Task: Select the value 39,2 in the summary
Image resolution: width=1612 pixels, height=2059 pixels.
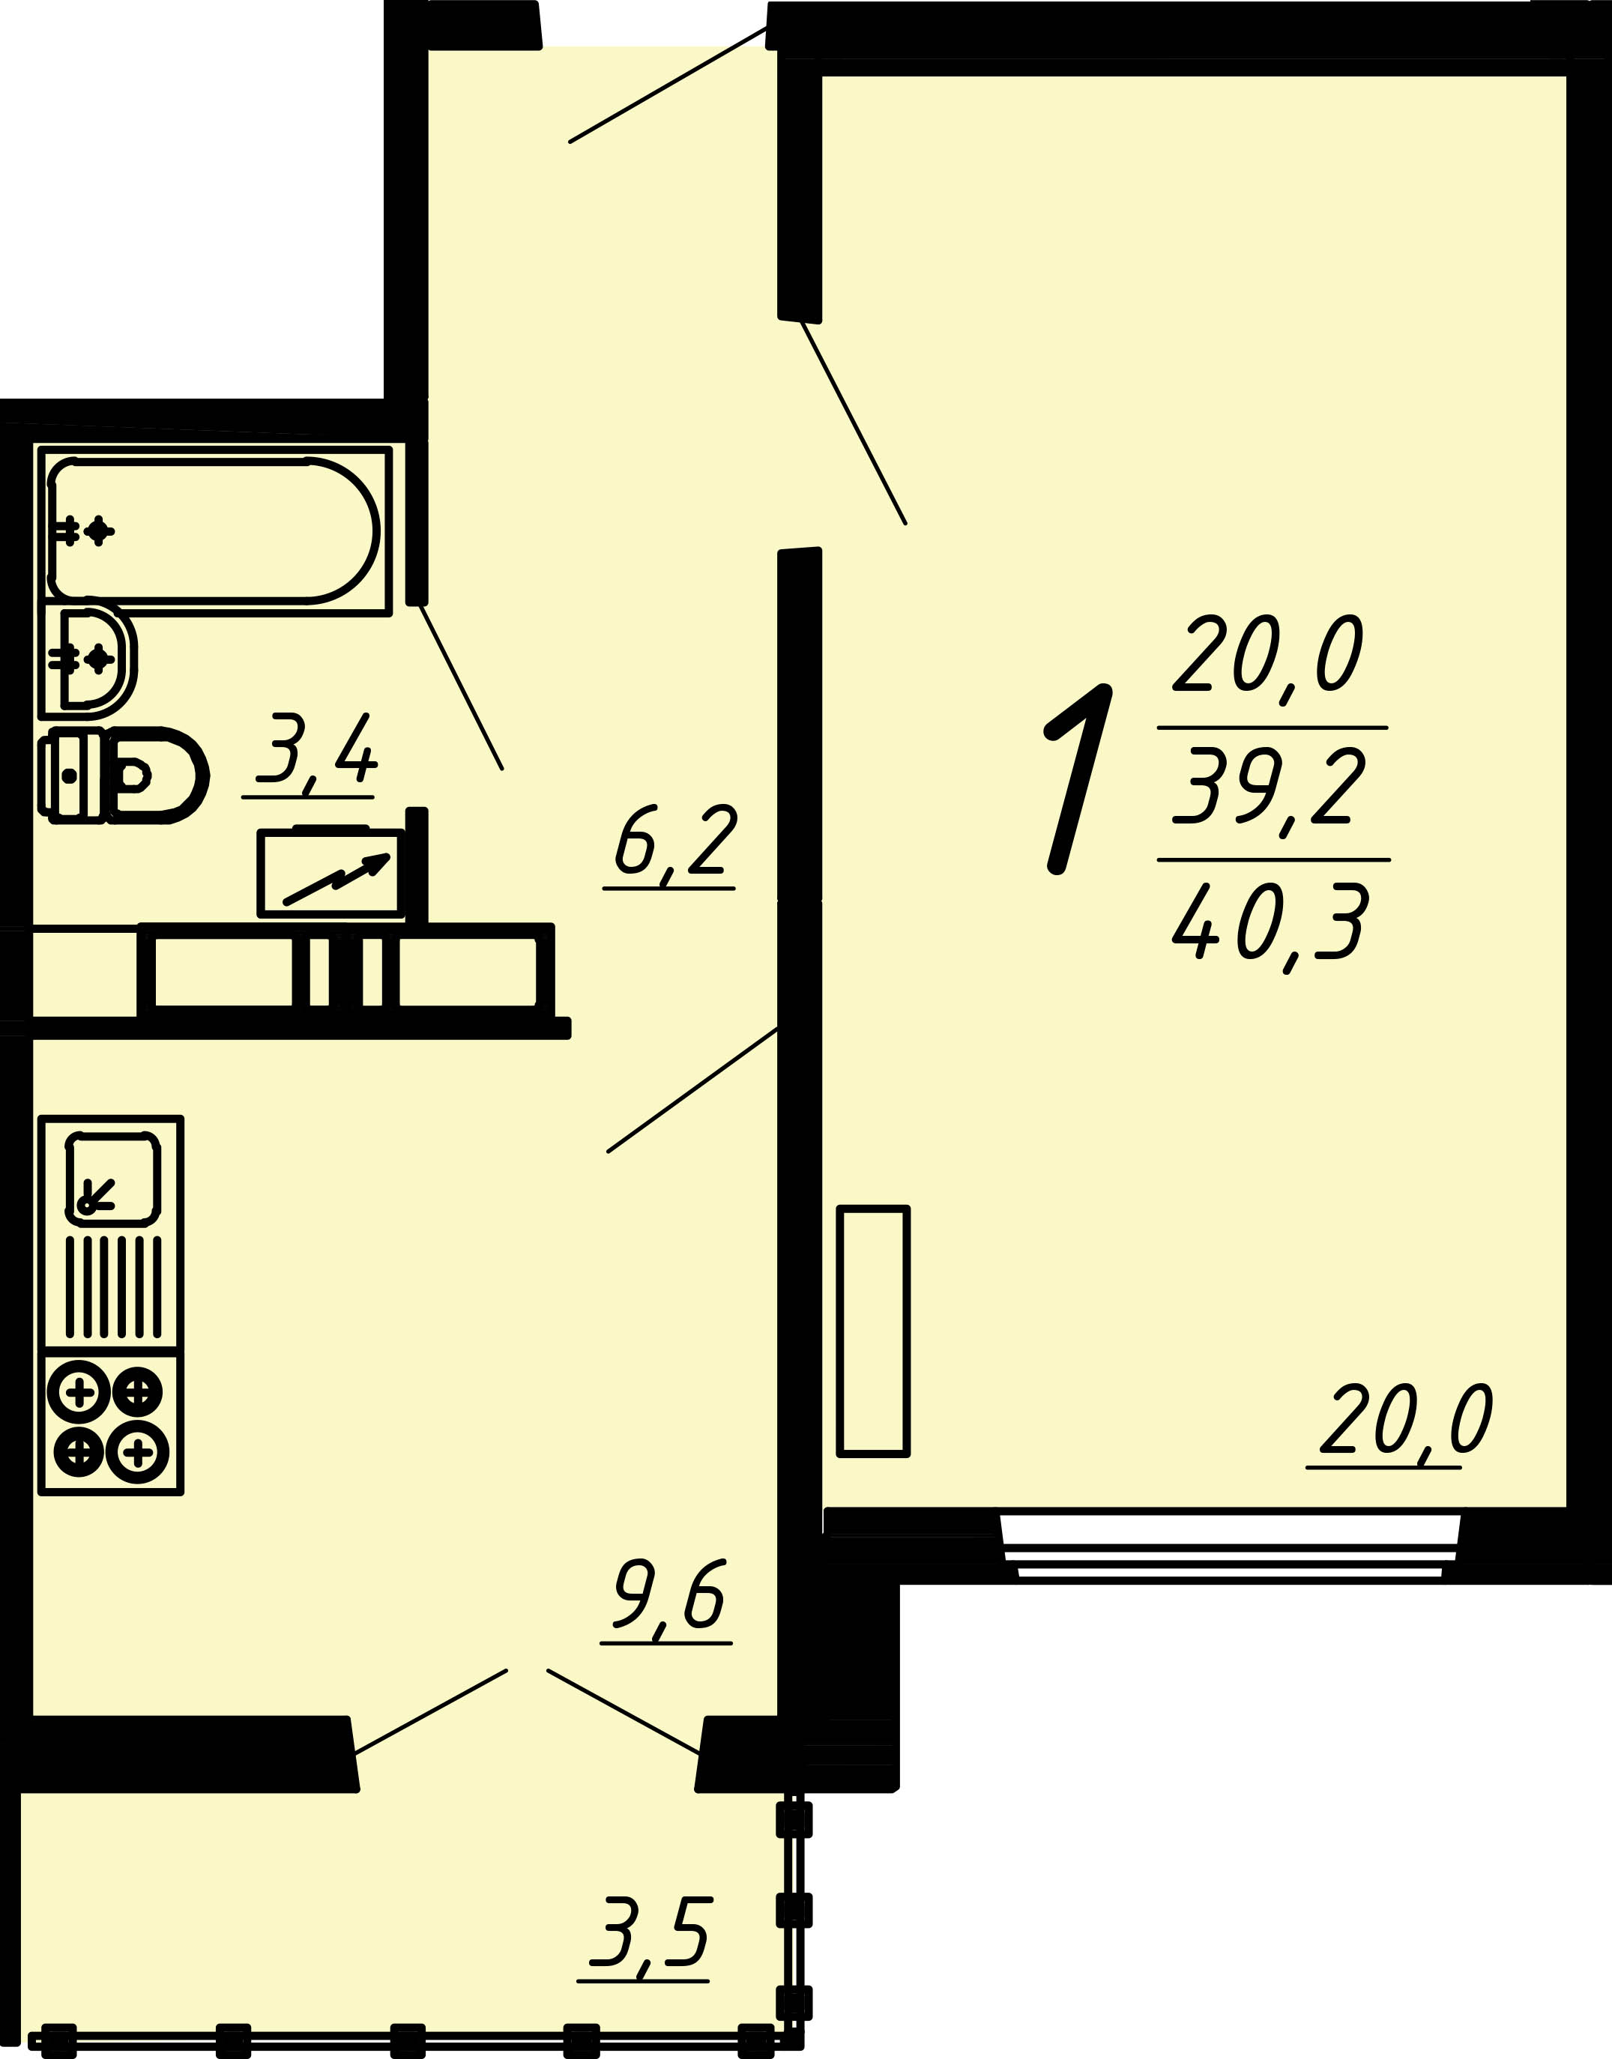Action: pos(1270,786)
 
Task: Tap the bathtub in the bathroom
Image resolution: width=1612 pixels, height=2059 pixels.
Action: pos(214,530)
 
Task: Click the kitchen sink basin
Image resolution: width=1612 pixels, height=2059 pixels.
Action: pos(112,1178)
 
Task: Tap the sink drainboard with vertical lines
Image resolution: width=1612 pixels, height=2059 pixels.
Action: pos(113,1287)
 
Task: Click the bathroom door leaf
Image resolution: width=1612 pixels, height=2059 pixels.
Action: pos(461,687)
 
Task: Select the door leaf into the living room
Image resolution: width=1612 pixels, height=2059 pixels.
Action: pos(853,422)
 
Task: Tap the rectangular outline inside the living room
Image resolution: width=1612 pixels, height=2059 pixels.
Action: pos(873,1331)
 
